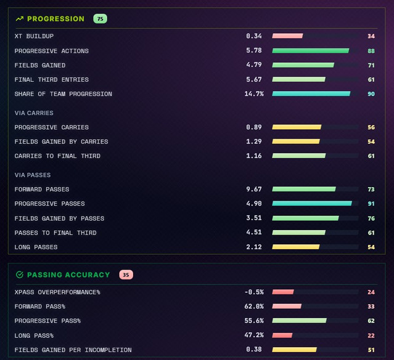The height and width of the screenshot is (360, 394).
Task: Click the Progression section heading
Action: pos(55,19)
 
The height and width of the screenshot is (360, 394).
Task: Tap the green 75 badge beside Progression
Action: pos(100,19)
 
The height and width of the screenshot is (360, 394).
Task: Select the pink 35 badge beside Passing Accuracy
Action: pos(126,275)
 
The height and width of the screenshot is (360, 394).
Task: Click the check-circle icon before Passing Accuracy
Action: pos(20,275)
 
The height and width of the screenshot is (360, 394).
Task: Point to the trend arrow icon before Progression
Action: pos(20,19)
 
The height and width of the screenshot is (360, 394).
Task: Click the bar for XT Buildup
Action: pos(287,36)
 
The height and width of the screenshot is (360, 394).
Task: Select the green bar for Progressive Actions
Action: pos(310,50)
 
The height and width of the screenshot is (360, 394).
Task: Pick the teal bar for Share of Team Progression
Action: pos(311,94)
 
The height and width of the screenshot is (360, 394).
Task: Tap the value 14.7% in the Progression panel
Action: pos(254,94)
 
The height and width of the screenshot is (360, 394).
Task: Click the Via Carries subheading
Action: pos(34,113)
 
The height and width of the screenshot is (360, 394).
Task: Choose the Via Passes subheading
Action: pos(33,175)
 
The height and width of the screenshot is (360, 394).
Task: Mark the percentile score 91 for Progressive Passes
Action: pos(371,204)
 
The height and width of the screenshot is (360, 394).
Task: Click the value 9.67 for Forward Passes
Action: pos(254,189)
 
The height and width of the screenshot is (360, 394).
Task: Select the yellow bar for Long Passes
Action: pos(295,247)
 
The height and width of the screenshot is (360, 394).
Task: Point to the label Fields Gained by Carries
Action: pos(62,142)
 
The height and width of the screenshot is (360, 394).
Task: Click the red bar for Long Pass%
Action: pos(282,335)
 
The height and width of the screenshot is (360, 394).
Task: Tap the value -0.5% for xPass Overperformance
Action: pos(254,292)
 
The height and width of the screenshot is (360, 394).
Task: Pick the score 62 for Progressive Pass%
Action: pos(371,321)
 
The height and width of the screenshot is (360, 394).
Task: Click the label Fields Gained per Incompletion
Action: pos(73,350)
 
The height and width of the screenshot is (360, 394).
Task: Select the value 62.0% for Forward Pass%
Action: pos(254,306)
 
